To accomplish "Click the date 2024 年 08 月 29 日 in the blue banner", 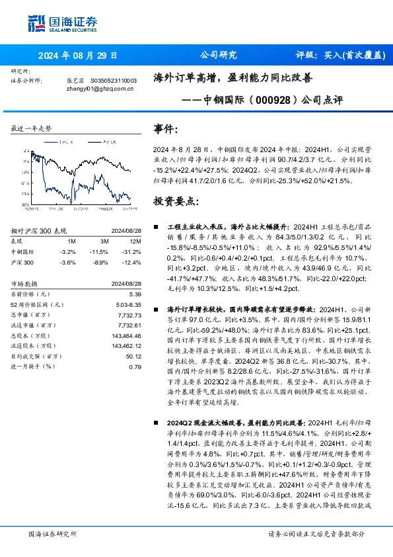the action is (77, 56).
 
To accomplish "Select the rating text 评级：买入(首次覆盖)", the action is (331, 56).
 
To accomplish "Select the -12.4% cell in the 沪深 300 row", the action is (133, 263).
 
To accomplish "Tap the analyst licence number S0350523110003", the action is (113, 80).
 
